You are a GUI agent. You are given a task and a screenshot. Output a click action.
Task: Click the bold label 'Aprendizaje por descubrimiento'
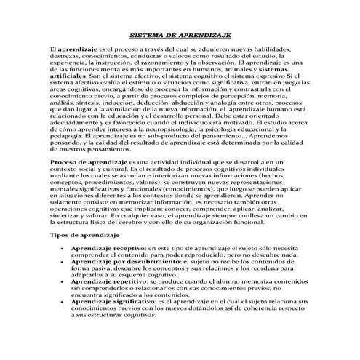(x=121, y=262)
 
